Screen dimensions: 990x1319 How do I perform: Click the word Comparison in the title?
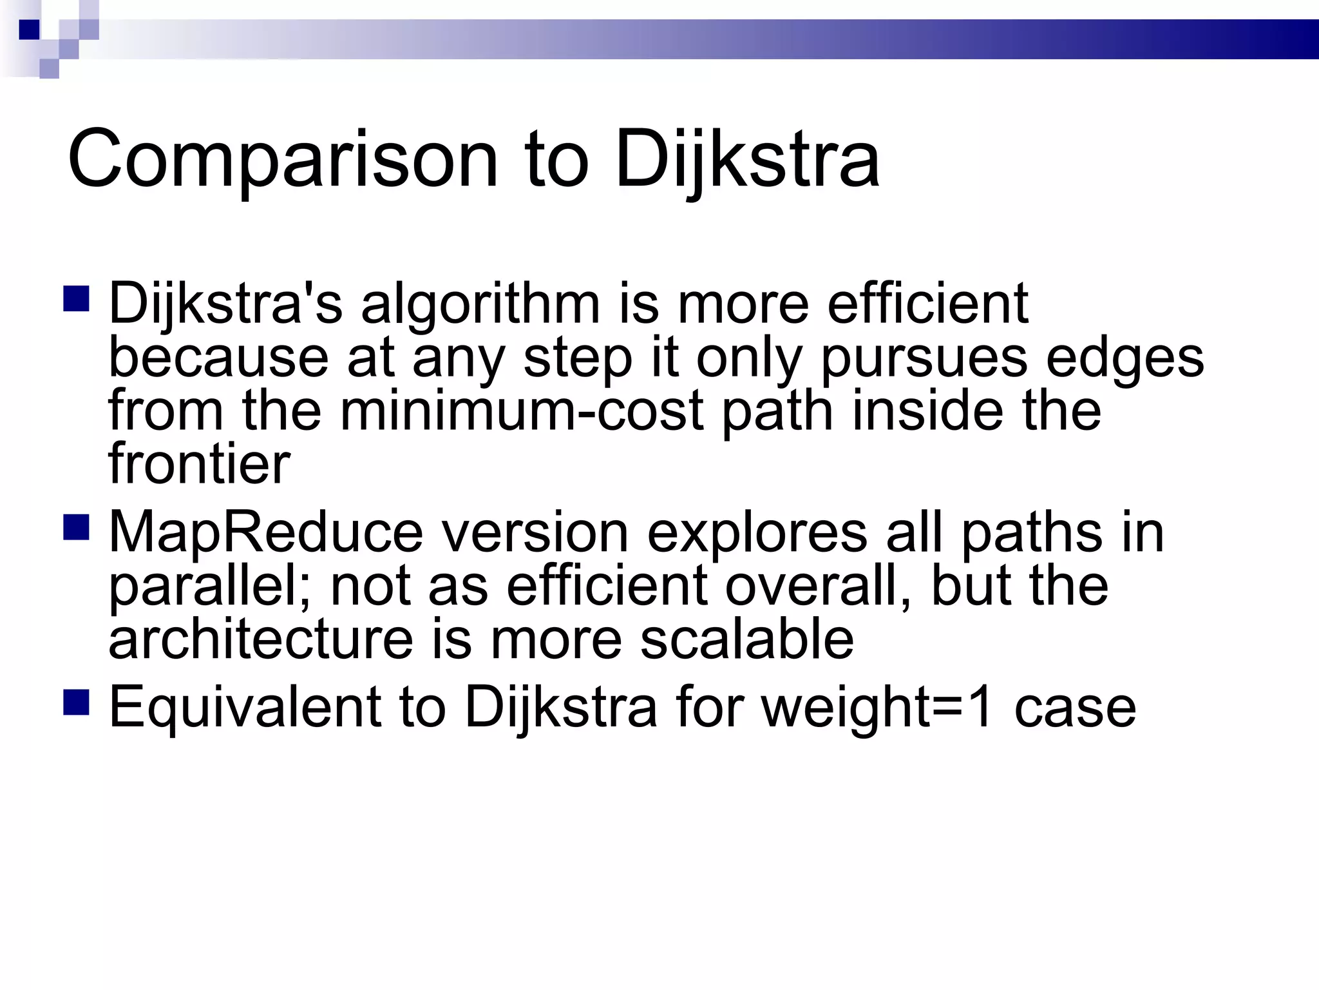click(283, 159)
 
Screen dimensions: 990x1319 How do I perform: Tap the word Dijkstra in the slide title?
click(747, 159)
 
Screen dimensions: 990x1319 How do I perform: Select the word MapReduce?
click(266, 533)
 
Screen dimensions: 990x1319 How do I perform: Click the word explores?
click(757, 533)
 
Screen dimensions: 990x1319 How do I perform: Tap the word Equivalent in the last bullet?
click(245, 708)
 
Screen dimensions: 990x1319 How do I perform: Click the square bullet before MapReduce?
click(76, 527)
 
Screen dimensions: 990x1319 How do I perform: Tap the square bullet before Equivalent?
click(76, 703)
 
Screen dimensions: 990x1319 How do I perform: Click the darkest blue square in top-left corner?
click(29, 30)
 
